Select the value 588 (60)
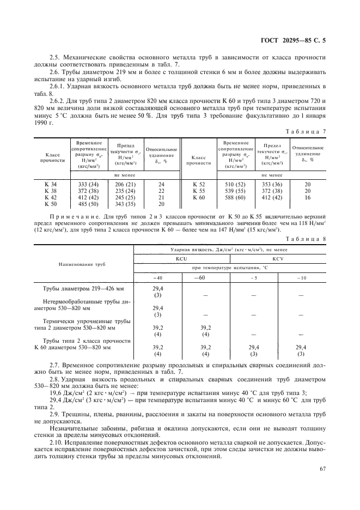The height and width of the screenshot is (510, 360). tap(235, 197)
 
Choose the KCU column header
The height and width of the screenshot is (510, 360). tap(182, 259)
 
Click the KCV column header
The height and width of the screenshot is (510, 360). tap(278, 259)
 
